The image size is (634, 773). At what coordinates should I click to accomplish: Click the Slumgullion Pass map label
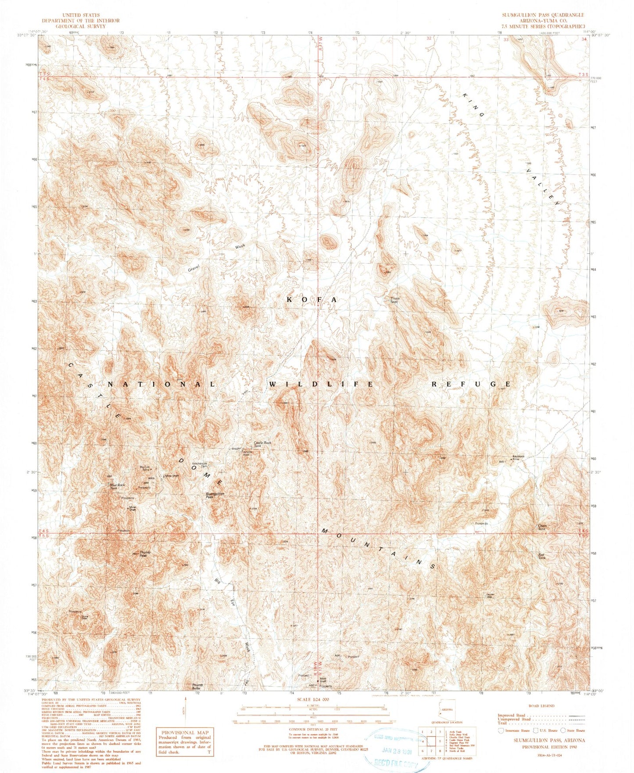pos(215,496)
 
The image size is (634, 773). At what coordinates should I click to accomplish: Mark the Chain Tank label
pos(542,527)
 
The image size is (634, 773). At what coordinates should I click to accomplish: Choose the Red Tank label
pos(542,556)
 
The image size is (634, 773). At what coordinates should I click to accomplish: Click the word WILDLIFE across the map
pos(321,384)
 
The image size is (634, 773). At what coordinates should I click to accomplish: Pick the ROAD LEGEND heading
pos(542,706)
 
